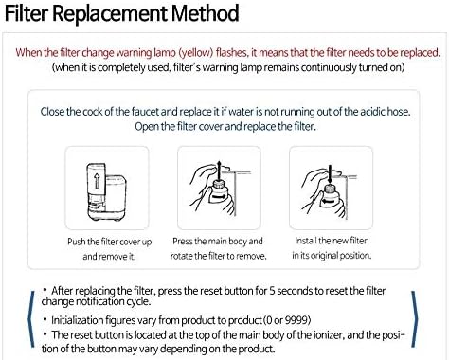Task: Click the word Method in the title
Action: click(x=205, y=13)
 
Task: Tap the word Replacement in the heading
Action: click(x=110, y=14)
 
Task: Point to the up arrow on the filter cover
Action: click(x=97, y=181)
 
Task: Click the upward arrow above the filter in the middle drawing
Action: click(x=219, y=170)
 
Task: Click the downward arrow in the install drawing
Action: click(x=330, y=173)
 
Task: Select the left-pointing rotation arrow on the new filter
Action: click(x=329, y=201)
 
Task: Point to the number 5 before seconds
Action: click(x=272, y=291)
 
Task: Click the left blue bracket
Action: click(x=31, y=319)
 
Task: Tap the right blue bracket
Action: click(x=415, y=319)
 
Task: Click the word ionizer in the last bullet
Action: click(x=329, y=334)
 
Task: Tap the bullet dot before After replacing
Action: click(x=45, y=289)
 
